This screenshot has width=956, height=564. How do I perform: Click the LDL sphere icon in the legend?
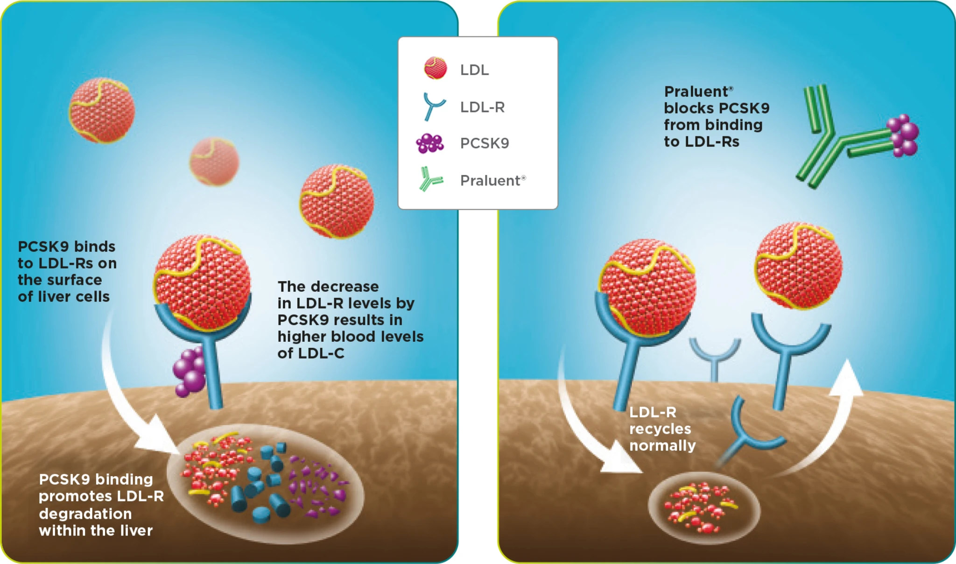[435, 68]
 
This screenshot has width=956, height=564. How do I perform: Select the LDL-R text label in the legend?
[482, 107]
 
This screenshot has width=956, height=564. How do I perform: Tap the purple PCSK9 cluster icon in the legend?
[429, 143]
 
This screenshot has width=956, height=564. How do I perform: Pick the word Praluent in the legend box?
[490, 181]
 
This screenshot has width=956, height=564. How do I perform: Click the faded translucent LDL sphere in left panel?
[214, 162]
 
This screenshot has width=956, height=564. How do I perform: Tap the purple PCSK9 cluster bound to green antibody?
[904, 135]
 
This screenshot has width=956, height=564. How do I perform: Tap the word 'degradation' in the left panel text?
[85, 514]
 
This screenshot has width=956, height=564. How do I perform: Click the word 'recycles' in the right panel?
[660, 429]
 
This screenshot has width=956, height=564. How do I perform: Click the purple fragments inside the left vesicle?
[317, 486]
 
